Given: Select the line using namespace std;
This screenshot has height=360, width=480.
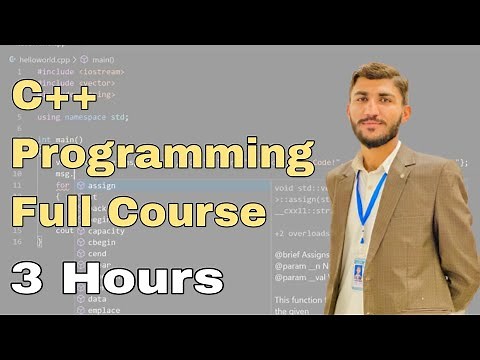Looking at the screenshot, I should (x=84, y=117).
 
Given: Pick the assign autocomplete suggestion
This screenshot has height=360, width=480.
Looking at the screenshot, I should (x=102, y=185).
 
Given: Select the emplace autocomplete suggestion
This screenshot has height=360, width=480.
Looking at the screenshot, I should (x=104, y=310).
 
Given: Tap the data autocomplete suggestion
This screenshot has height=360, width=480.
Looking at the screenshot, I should (x=97, y=299).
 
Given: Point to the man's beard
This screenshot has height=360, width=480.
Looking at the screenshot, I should (x=383, y=135).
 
